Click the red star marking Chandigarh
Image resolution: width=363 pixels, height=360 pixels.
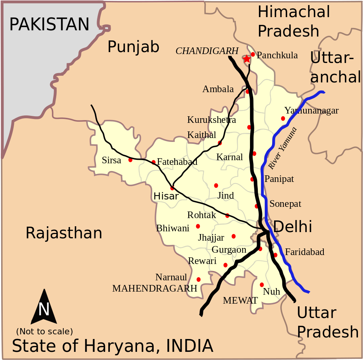click(247, 59)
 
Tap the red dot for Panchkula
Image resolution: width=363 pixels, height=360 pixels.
click(253, 54)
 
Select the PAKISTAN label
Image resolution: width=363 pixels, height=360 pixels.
click(49, 24)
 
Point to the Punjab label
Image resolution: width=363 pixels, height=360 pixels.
click(133, 47)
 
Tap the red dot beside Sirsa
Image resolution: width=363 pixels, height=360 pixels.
click(130, 160)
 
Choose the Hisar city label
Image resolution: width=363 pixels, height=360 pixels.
click(166, 196)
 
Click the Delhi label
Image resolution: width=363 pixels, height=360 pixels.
click(293, 226)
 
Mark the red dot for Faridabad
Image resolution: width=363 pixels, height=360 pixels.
click(275, 255)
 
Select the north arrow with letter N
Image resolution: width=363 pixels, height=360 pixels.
click(43, 308)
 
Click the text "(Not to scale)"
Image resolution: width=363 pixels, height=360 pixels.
click(44, 332)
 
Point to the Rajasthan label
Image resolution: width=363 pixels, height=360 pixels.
click(64, 233)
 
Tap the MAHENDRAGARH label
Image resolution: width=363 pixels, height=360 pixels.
click(155, 288)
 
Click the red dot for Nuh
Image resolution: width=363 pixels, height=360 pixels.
click(262, 285)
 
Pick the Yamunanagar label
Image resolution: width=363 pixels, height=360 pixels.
click(311, 110)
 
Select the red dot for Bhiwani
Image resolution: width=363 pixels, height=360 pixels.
click(198, 226)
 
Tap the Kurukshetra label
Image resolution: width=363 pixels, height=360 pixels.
click(212, 119)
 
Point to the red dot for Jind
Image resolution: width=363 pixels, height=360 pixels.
click(216, 185)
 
